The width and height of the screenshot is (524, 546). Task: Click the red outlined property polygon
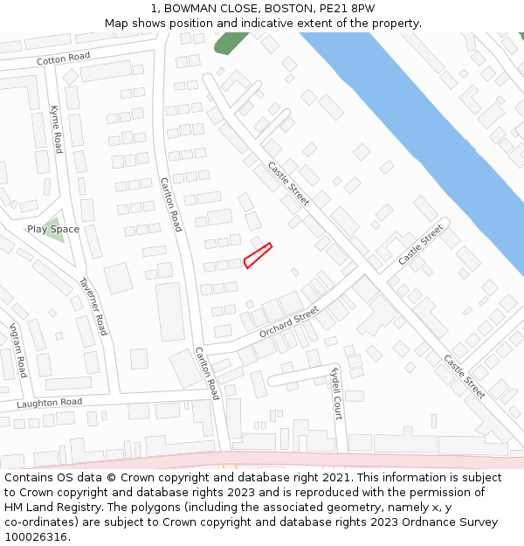coord(258,255)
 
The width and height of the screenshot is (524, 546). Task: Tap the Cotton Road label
coord(63,59)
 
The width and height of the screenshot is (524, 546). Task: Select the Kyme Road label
coord(56,129)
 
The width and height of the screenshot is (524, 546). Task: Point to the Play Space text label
coord(52,229)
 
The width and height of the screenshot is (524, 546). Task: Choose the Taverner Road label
coord(93,306)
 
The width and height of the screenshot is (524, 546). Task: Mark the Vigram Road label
coord(17,350)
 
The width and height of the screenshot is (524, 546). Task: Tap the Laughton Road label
coord(49,403)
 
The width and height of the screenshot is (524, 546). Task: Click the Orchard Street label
coord(289,322)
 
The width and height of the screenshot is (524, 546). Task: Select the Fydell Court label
coord(336,393)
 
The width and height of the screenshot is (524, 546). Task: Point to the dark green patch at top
coord(231,43)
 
